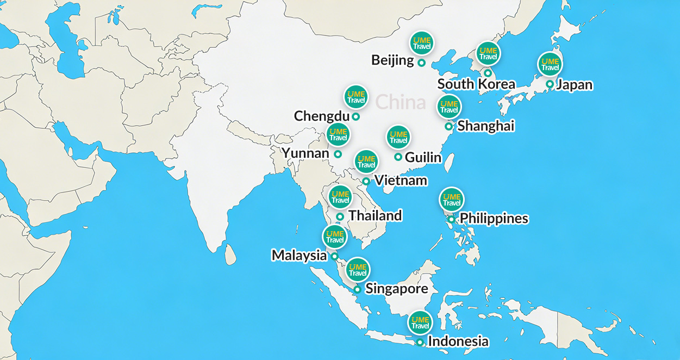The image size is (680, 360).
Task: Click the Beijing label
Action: coord(392,60)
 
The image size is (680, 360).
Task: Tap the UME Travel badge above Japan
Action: coord(550,64)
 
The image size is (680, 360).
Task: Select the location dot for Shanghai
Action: coord(448,126)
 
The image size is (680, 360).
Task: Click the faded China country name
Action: coord(400,102)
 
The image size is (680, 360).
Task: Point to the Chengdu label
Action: coord(321,116)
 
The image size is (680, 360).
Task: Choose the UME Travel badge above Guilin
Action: coord(398,137)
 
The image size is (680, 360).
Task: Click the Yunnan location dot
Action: coord(338,154)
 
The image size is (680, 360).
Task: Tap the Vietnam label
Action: coord(401,181)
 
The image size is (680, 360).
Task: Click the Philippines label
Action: coord(494,219)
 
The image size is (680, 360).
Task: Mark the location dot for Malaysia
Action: coord(334,256)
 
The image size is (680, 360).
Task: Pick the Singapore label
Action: coord(396,289)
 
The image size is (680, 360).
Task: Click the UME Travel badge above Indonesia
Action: coord(420,322)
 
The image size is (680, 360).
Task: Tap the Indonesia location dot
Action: coord(420,342)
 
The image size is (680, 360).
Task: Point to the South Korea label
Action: coord(476,84)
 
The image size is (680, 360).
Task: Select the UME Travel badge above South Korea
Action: coord(488,53)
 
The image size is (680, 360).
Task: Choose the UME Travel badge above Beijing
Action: coord(422,43)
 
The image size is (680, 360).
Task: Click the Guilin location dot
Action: coord(398,157)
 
